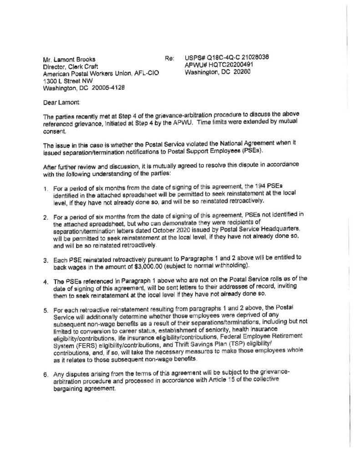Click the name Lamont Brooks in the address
pos(71,59)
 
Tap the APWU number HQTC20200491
pos(229,65)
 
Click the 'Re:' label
pos(169,59)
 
